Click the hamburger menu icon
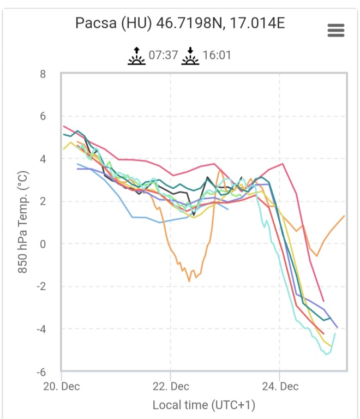(x=336, y=31)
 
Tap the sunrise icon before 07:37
(x=136, y=55)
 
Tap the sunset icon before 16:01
(x=190, y=55)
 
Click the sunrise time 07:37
(x=163, y=56)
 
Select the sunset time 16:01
(x=217, y=56)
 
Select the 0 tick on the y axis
(x=43, y=244)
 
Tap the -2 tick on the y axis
(x=41, y=286)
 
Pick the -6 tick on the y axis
(x=41, y=372)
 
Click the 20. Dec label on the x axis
(x=61, y=386)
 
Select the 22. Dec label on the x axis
(x=170, y=386)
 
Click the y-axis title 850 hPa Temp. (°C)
(x=23, y=223)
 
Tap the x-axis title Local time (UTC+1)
(x=203, y=405)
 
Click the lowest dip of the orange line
(x=189, y=281)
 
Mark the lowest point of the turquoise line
(x=327, y=354)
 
